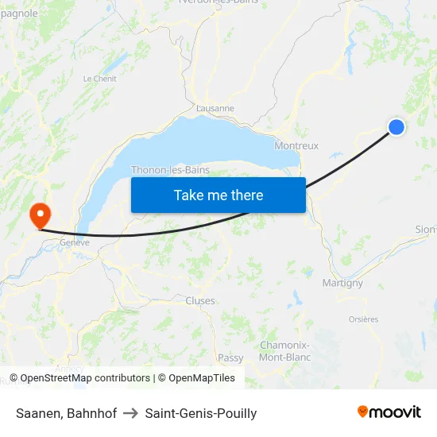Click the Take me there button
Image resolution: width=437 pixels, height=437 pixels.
click(218, 195)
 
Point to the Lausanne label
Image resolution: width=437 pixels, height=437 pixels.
click(215, 108)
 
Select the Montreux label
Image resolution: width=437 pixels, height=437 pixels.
click(296, 145)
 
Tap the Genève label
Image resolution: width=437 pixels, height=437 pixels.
click(75, 242)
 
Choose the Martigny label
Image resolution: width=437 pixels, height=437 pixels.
click(342, 283)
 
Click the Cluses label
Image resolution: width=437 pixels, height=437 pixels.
click(200, 301)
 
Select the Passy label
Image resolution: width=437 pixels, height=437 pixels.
click(230, 358)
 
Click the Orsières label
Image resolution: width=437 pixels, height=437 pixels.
click(363, 319)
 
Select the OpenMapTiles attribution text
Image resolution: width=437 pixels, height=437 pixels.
click(202, 378)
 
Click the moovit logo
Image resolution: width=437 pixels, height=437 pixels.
click(389, 412)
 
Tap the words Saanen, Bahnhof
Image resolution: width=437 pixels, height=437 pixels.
click(67, 413)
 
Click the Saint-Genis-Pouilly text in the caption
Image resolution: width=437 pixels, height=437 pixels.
click(201, 413)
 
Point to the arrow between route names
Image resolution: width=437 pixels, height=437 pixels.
click(131, 413)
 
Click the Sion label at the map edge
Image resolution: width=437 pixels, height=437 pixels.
click(425, 230)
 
